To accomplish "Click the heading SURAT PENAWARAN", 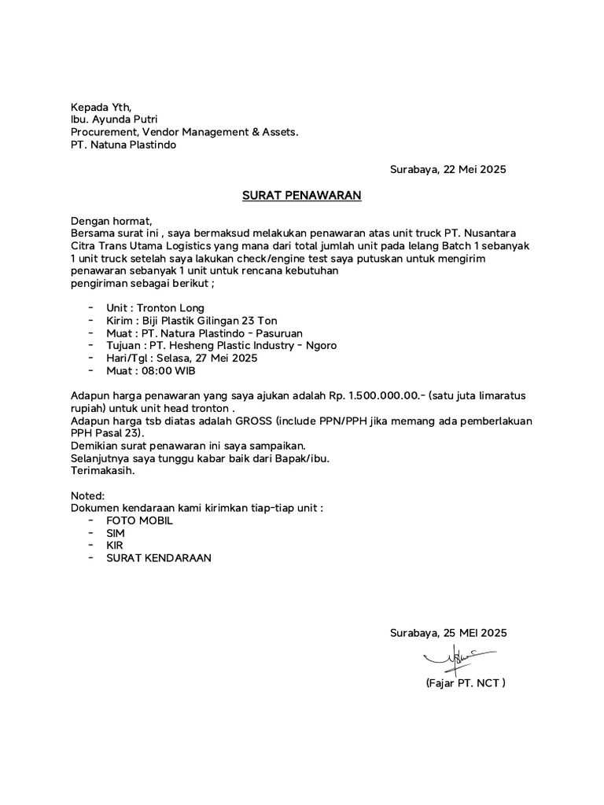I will [301, 195].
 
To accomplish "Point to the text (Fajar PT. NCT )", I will [465, 682].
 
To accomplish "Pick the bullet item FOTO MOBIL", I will [139, 520].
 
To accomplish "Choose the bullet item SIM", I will [116, 533].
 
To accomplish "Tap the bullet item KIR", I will [115, 546].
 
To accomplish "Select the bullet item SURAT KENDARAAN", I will [159, 558].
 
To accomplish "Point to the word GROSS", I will [251, 421].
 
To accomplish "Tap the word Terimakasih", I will [102, 471].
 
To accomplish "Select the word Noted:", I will [87, 496].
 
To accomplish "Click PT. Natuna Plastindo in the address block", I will [124, 145].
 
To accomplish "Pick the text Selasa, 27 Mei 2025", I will [207, 358].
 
